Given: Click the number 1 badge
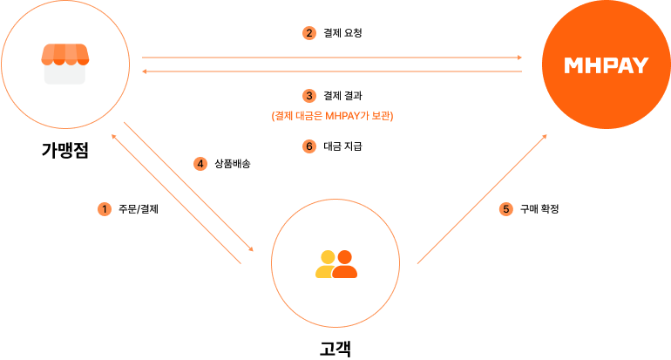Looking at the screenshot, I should [x=105, y=209].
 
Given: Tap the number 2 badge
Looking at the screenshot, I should [x=308, y=33].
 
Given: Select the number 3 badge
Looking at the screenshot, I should [x=308, y=95].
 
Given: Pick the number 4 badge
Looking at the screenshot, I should [x=200, y=163].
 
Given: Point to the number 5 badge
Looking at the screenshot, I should [x=505, y=209].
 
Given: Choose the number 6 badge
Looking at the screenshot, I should [x=308, y=146].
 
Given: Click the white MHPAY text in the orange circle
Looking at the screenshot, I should [x=606, y=65].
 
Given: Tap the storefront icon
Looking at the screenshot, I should [x=65, y=65].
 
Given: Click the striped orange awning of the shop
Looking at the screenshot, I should [x=65, y=55].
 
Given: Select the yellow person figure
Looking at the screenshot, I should [x=327, y=265].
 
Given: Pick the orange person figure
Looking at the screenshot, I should [x=345, y=265].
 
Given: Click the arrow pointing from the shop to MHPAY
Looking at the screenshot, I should [x=331, y=58].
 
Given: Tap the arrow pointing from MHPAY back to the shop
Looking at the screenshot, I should [x=331, y=71].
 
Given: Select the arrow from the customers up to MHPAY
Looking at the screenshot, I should [x=482, y=200].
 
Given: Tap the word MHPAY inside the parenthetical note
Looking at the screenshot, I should [x=342, y=115].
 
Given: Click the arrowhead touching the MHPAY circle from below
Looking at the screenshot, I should [x=545, y=137].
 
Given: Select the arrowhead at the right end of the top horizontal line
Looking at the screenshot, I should [x=519, y=58].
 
